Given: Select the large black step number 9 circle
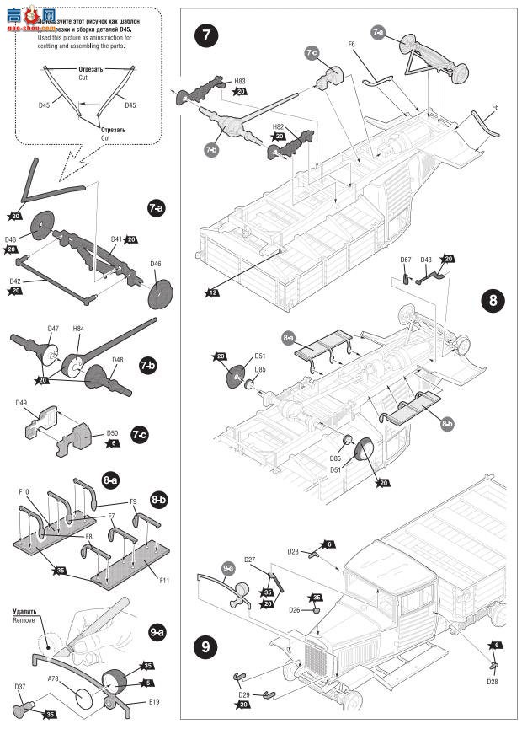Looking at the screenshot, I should coord(206,648).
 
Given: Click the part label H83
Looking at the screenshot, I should coord(241,81).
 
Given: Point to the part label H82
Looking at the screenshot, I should coord(279,126).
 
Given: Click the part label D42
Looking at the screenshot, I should coord(16,281).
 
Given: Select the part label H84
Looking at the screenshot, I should coord(78,329).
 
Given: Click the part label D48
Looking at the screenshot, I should coord(117,360).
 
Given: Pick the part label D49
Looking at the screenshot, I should coord(23,403).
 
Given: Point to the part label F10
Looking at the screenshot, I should coord(24,491).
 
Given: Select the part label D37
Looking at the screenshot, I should coord(20,686).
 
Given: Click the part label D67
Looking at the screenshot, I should coord(406,260).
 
